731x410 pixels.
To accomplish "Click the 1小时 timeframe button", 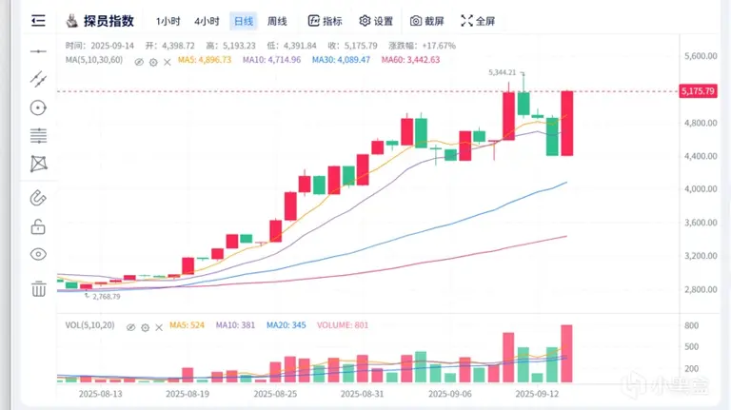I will [168, 21].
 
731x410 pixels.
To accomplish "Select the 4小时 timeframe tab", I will [207, 21].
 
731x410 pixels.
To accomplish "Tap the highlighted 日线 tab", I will [244, 21].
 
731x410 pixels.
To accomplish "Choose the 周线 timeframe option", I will [277, 21].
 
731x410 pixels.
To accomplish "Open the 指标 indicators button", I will [326, 21].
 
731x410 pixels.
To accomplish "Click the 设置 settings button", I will [376, 21].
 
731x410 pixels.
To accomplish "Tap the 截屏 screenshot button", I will [428, 21].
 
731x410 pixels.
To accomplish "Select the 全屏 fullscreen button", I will [478, 21].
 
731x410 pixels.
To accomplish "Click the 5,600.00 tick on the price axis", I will [700, 56].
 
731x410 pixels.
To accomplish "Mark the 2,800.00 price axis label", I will [700, 289].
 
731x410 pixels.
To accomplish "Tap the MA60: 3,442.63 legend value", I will [410, 60].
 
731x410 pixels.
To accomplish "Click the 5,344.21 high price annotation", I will [502, 72].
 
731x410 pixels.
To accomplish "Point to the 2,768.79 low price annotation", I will [104, 297].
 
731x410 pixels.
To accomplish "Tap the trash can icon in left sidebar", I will [38, 288].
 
